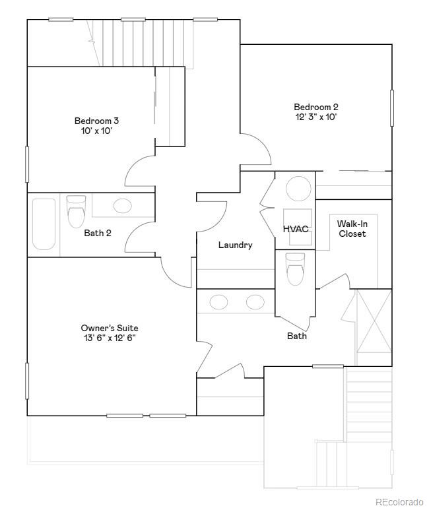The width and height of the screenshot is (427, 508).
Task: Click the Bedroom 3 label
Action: pyautogui.click(x=96, y=121)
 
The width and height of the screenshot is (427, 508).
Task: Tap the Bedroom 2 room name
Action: pyautogui.click(x=316, y=107)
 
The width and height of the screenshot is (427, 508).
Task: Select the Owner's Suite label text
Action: pyautogui.click(x=110, y=328)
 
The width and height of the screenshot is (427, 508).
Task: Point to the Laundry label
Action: pyautogui.click(x=235, y=245)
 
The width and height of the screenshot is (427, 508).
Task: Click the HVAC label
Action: pyautogui.click(x=296, y=229)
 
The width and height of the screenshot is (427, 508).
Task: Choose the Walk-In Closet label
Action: pyautogui.click(x=352, y=228)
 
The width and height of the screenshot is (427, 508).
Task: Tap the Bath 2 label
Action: pyautogui.click(x=98, y=233)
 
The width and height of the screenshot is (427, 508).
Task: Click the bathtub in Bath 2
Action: pyautogui.click(x=44, y=224)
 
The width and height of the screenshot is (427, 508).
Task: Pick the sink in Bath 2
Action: pyautogui.click(x=123, y=205)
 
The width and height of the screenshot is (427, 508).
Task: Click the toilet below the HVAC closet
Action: pyautogui.click(x=295, y=268)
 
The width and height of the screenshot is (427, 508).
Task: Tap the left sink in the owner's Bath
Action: pyautogui.click(x=218, y=302)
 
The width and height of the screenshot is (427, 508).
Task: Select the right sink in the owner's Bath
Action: pyautogui.click(x=255, y=302)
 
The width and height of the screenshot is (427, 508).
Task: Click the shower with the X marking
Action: pyautogui.click(x=374, y=327)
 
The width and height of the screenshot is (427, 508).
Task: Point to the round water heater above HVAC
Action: pyautogui.click(x=298, y=189)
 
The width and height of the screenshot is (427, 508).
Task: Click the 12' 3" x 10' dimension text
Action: pyautogui.click(x=316, y=117)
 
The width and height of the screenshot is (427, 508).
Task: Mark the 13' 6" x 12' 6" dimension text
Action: pyautogui.click(x=110, y=338)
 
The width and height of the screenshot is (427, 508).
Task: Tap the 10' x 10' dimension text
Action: pyautogui.click(x=96, y=131)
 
